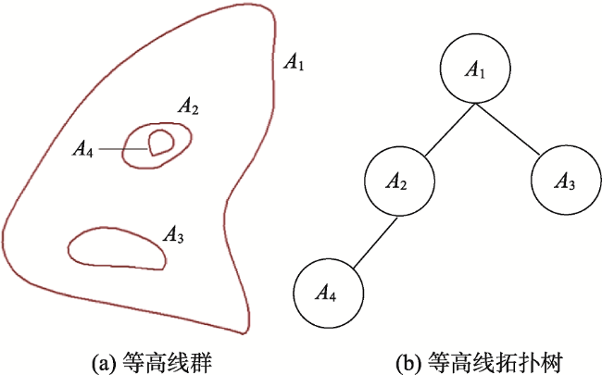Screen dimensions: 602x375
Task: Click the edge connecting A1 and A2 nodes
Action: tap(450, 130)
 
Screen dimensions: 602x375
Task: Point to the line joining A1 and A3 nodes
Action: tap(508, 129)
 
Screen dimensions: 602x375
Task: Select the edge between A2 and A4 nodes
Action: tap(375, 243)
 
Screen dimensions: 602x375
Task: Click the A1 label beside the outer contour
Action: tap(294, 62)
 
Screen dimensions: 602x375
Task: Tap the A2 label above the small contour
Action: tap(188, 106)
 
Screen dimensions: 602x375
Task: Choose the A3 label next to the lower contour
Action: tap(173, 234)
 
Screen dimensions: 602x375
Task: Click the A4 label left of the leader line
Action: tap(83, 149)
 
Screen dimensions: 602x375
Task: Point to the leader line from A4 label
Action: tap(123, 149)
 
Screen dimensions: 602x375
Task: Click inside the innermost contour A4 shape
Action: tap(161, 142)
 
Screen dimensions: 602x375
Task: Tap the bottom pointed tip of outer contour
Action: tap(243, 333)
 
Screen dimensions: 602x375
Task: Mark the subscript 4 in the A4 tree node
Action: tap(332, 297)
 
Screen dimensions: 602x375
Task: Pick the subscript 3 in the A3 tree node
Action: tap(571, 184)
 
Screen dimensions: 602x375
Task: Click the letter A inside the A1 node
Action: tap(471, 69)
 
